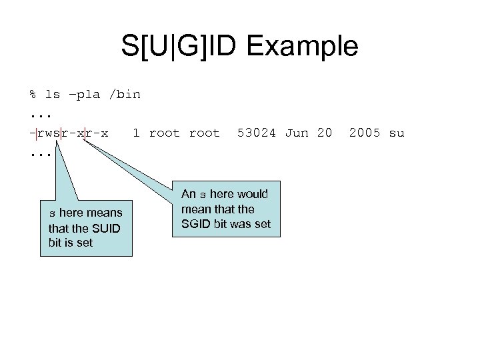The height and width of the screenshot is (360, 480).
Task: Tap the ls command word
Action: [52, 94]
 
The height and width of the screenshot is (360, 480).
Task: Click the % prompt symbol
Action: [33, 94]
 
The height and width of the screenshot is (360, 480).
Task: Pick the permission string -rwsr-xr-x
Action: [69, 133]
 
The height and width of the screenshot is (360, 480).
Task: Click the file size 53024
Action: [257, 133]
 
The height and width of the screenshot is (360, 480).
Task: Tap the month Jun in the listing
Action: [297, 133]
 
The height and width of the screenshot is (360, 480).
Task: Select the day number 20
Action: [324, 133]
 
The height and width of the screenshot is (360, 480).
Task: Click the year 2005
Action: [364, 133]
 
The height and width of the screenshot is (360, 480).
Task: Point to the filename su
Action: [396, 133]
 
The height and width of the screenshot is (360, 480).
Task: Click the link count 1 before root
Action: [136, 133]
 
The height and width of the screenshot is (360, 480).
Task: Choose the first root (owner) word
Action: [164, 133]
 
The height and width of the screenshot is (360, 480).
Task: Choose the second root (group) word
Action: [204, 133]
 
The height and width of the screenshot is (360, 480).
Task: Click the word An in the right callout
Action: [189, 194]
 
